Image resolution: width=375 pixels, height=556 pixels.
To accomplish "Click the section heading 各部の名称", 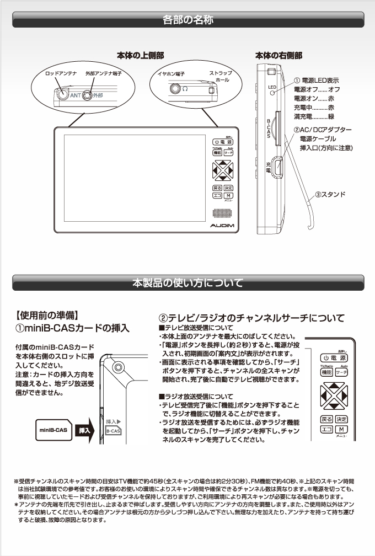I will tap(188, 20).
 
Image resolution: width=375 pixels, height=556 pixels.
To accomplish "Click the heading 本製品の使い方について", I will tap(188, 284).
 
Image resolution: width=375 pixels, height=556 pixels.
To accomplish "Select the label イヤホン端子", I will tap(171, 73).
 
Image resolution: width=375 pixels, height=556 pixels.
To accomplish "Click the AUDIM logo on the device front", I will tap(222, 226).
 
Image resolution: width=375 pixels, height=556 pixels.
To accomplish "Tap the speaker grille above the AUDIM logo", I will tap(222, 214).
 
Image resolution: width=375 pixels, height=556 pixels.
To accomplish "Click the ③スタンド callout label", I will tap(330, 195).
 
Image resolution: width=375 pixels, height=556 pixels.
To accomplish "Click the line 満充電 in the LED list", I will tap(314, 116).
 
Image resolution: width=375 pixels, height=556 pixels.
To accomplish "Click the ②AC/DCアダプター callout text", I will tap(323, 129).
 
